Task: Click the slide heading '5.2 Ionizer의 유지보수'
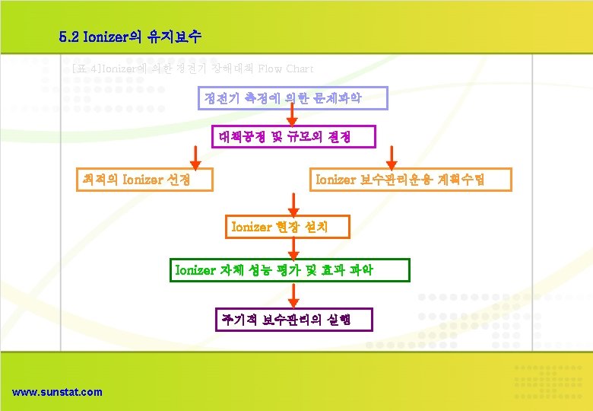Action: pos(129,36)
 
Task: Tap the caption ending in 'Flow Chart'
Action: pos(192,68)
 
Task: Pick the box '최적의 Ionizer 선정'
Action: pos(144,180)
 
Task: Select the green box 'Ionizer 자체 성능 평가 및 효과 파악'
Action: pos(289,270)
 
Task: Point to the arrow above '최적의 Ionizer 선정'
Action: pos(195,157)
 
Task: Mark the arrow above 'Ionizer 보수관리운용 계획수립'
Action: pos(392,157)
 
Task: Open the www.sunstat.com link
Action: pos(57,392)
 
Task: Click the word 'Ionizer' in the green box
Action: pos(195,270)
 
